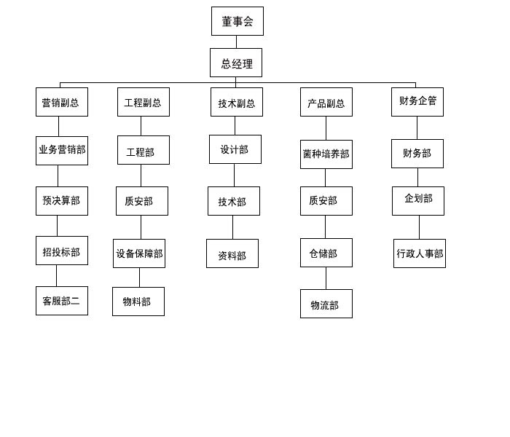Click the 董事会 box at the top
pos(238,21)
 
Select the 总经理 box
pos(236,63)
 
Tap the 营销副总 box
pos(62,102)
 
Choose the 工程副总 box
pos(144,102)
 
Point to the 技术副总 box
pos(237,102)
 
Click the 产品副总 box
pos(326,102)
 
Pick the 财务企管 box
pos(417,102)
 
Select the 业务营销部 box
pos(62,151)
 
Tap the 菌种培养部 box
pos(326,154)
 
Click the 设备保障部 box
pos(139,253)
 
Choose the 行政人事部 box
pos(420,253)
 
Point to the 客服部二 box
pos(62,301)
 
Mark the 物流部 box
pos(326,304)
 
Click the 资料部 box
pos(232,253)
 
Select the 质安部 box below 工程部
pos(142,201)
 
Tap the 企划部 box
pos(418,201)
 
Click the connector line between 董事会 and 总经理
pos(237,42)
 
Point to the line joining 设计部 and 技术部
pos(234,176)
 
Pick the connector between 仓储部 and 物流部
pos(326,278)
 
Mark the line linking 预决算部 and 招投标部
pos(58,226)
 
